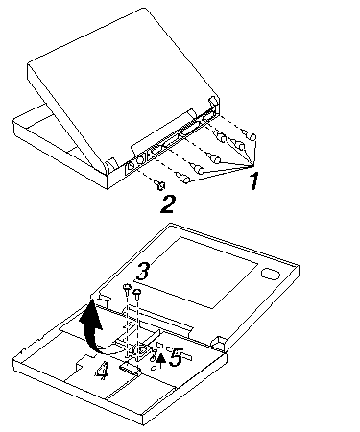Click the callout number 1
pos(254,181)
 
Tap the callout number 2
pos(168,204)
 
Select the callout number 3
pos(143,272)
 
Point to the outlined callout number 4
pos(102,371)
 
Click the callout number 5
pos(176,357)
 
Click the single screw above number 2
pos(161,185)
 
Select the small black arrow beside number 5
pos(161,360)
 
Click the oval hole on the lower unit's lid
pos(271,274)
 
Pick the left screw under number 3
pos(127,290)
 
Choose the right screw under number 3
pos(137,294)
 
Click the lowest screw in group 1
pos(183,178)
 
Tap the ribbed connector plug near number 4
pos(130,370)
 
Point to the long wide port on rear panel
pos(189,131)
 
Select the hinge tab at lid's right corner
pos(214,102)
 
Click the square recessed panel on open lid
pos(197,273)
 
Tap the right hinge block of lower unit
pos(220,343)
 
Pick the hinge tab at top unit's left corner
pos(112,164)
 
